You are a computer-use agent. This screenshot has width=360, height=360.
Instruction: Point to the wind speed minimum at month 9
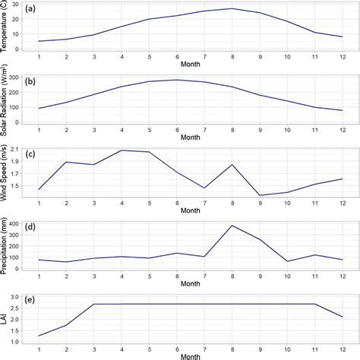[260, 195]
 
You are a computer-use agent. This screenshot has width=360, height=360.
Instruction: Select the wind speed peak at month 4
[122, 150]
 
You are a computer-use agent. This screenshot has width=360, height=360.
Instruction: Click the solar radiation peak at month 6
[177, 80]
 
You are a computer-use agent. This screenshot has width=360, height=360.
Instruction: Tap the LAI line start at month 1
[39, 336]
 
